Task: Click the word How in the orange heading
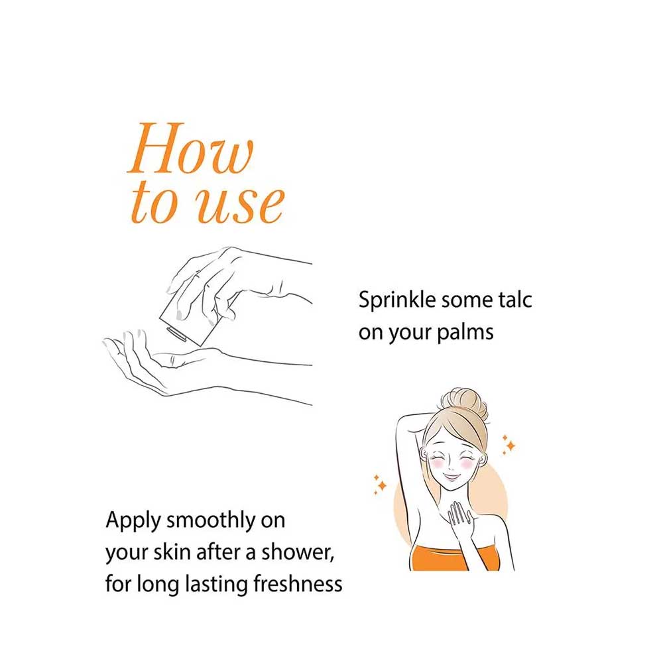pos(190,148)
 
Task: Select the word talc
pos(514,300)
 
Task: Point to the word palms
pos(465,332)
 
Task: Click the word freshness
pos(298,584)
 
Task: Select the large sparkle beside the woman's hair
pos(511,446)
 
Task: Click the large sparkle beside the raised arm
pos(382,485)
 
